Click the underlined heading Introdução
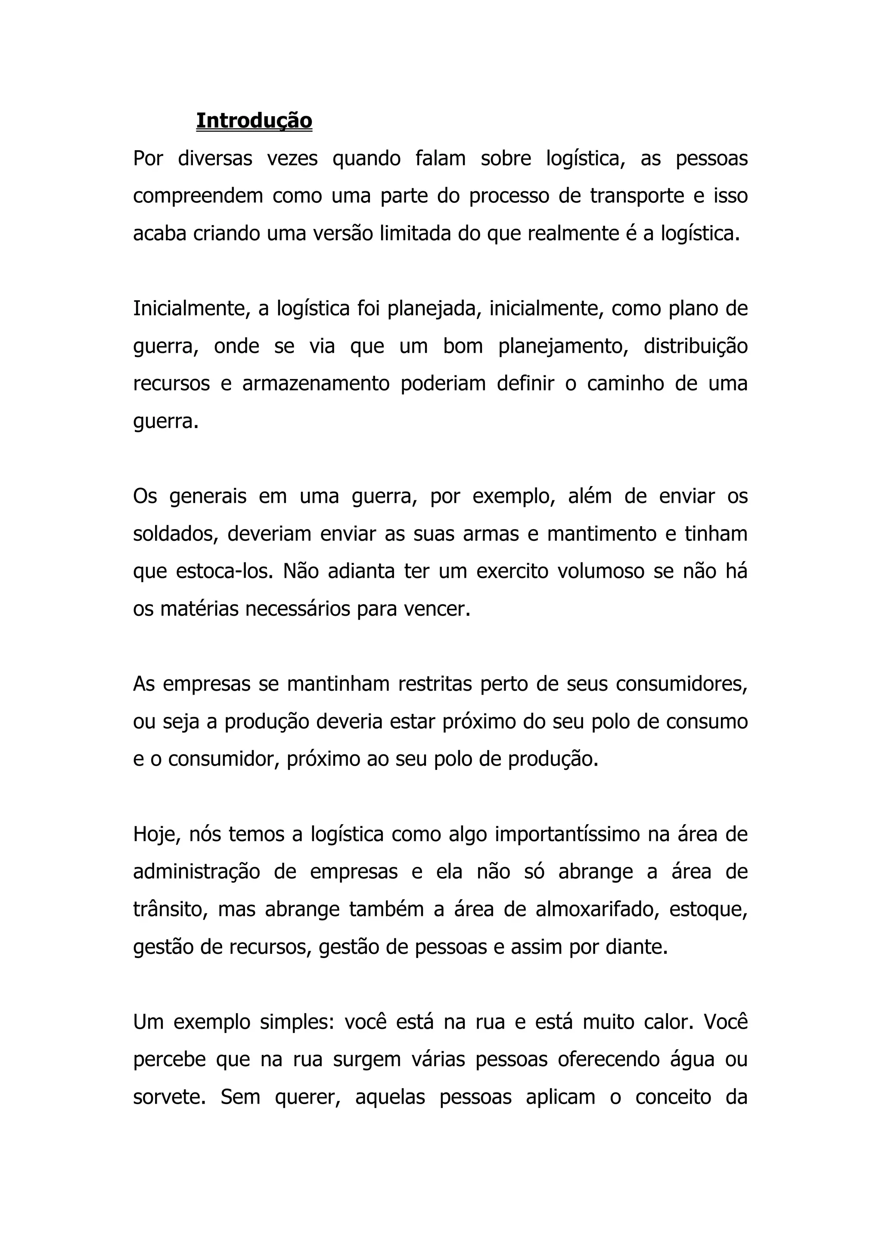click(x=254, y=121)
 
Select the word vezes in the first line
click(x=292, y=158)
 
